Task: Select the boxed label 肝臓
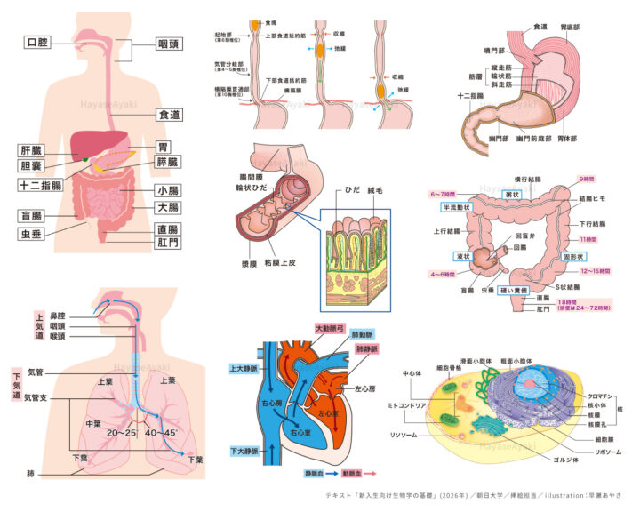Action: click(31, 150)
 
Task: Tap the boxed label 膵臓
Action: click(167, 162)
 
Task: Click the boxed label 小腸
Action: click(166, 190)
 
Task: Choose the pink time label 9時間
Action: click(588, 179)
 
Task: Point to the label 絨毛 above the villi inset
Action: click(376, 190)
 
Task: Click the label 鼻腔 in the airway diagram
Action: click(58, 316)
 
